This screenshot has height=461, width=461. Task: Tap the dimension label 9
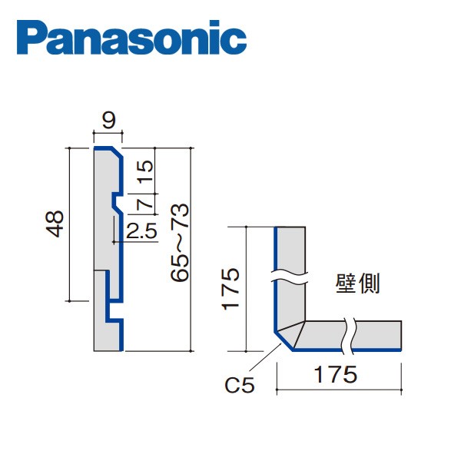[x=109, y=120]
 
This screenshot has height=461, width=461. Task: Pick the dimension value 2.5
[x=142, y=230]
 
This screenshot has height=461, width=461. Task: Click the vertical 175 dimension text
[x=234, y=289]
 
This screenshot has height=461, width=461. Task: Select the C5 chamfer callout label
[x=242, y=382]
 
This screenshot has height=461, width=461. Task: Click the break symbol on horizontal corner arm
[x=350, y=333]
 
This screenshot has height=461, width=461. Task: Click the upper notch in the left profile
[x=114, y=204]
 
